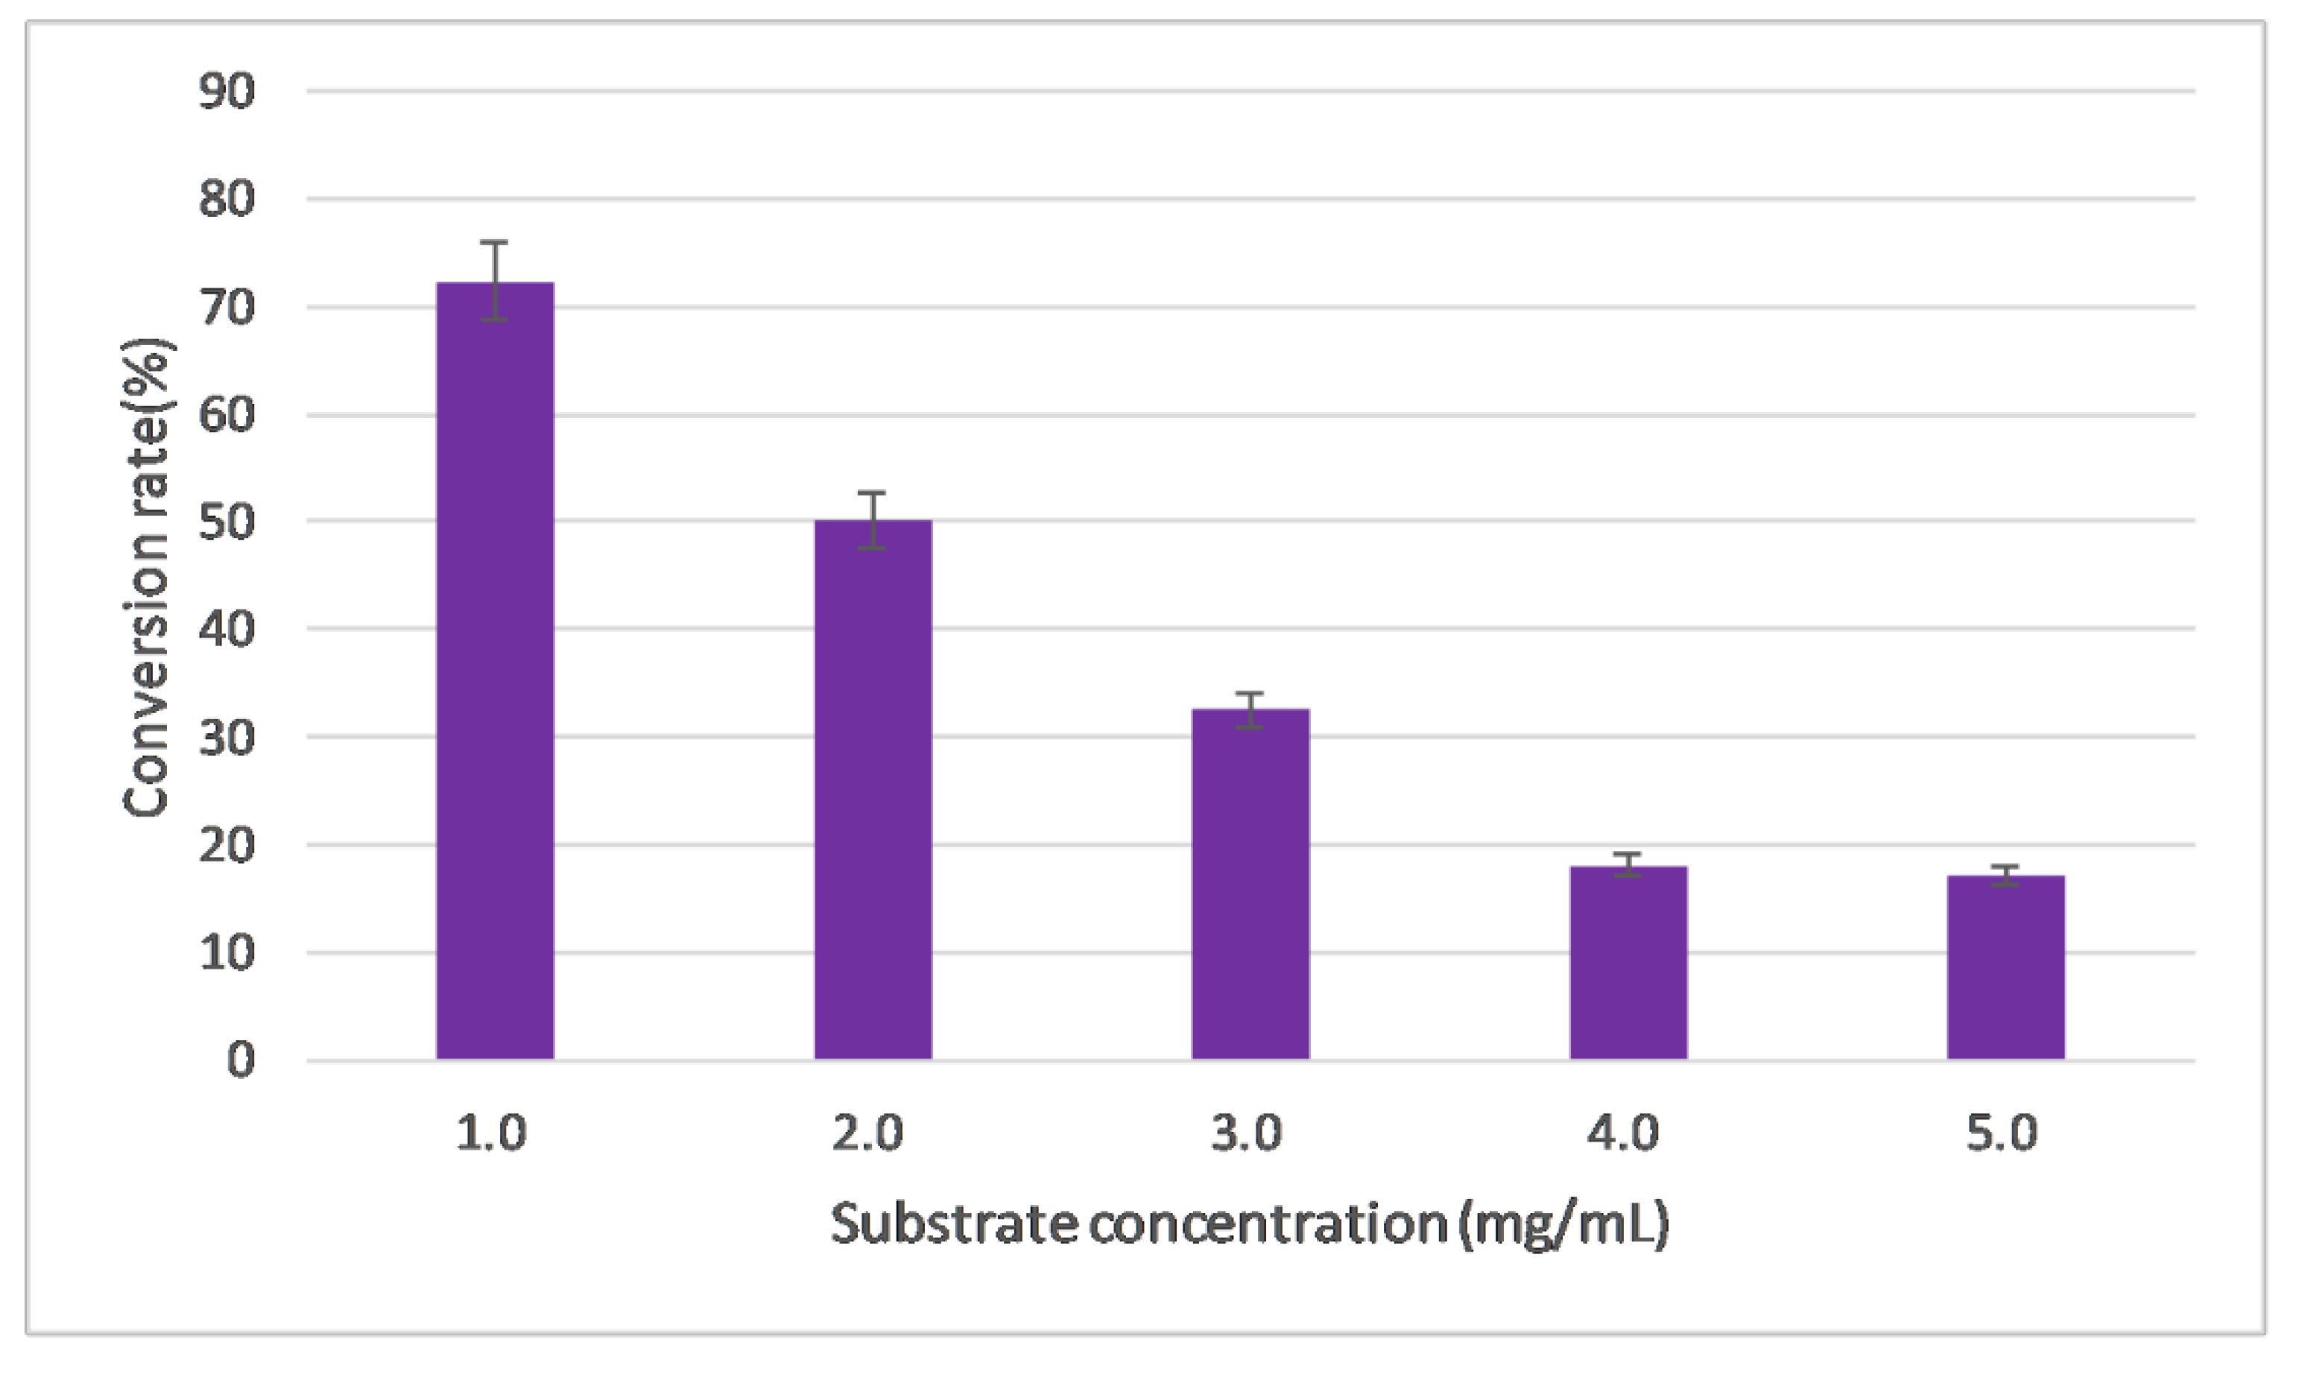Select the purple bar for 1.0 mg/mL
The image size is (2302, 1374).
coord(496,671)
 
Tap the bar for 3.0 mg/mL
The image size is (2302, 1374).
coord(1250,884)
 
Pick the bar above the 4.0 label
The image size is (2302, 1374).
coord(1628,963)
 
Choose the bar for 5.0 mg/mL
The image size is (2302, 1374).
coord(2005,968)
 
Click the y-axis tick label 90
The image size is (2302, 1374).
coord(227,92)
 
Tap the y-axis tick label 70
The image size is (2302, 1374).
coord(227,308)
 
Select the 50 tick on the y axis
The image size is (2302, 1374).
coord(227,522)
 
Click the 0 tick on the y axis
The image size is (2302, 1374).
coord(241,1060)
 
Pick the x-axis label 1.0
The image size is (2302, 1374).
coord(492,1133)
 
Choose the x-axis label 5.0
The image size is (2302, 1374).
coord(2002,1133)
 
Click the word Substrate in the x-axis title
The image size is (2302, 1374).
coord(954,1224)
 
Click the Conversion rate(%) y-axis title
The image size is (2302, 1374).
coord(146,579)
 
